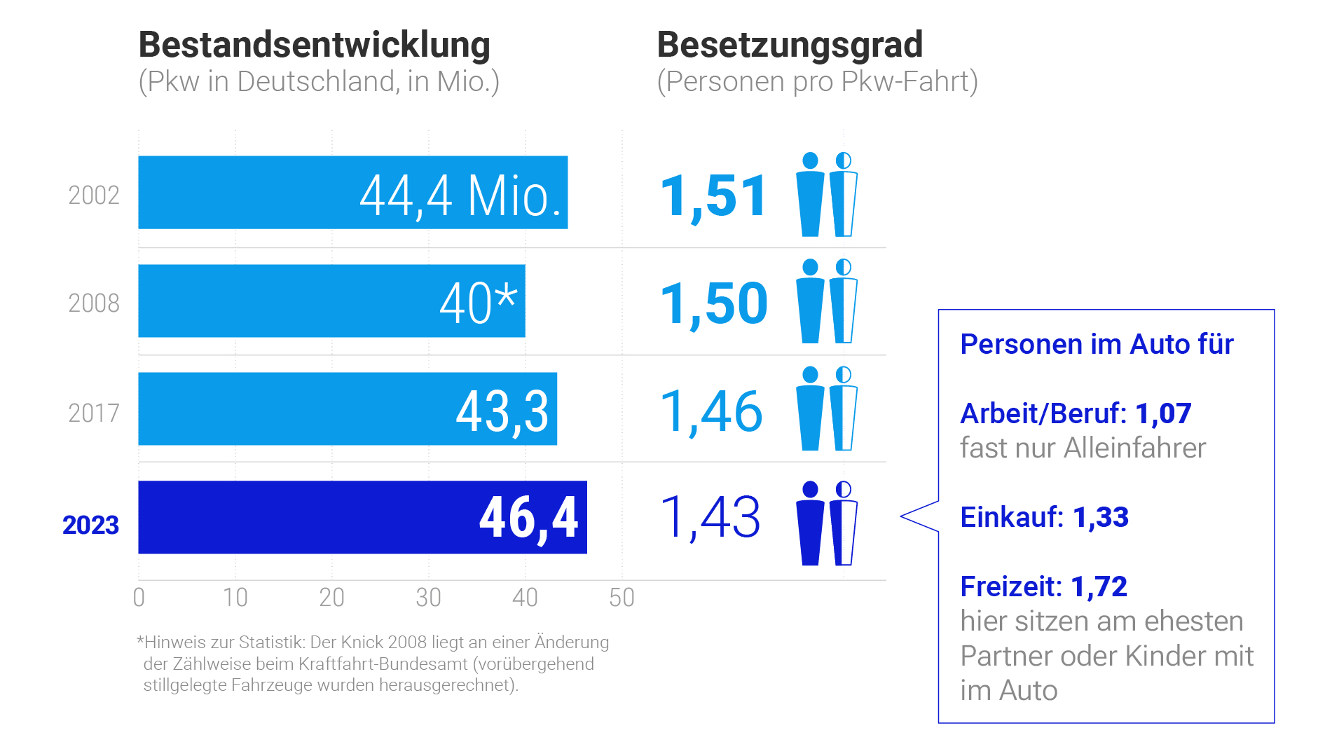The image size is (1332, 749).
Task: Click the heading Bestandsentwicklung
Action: (314, 45)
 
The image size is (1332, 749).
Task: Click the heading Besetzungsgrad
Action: (790, 45)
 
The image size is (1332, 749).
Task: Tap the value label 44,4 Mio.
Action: (460, 195)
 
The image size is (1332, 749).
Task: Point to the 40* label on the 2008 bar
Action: (479, 303)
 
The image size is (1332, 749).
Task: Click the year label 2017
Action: (94, 413)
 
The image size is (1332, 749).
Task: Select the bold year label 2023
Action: (90, 525)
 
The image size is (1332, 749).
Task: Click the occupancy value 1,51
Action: (713, 197)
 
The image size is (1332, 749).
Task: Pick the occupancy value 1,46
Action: (711, 411)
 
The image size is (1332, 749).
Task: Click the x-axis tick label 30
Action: (428, 598)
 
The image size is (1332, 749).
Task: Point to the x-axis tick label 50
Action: (622, 598)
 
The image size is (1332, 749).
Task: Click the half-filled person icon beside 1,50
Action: (844, 301)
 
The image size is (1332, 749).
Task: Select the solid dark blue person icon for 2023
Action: (810, 523)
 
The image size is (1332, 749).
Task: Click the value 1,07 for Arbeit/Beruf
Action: (1163, 413)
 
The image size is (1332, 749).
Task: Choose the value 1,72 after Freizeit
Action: (1099, 586)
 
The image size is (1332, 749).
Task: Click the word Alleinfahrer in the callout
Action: (1134, 448)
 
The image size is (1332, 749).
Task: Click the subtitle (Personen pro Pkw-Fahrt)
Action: (817, 82)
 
